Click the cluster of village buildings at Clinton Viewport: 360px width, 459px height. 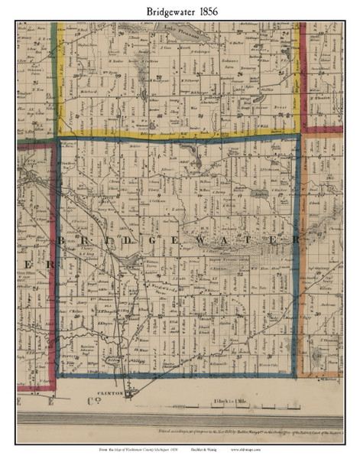pyautogui.click(x=128, y=392)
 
